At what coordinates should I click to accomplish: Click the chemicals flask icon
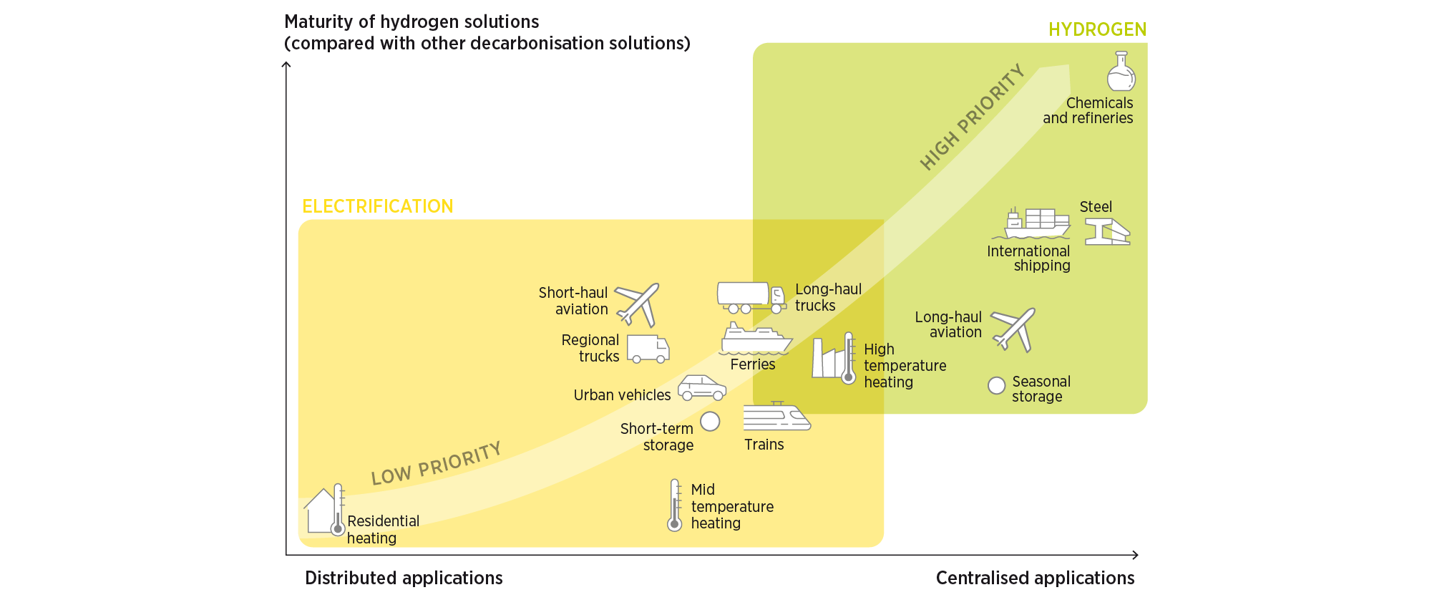pos(1121,71)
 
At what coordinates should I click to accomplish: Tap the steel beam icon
pos(1107,232)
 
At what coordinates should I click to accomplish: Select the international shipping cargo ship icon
pos(1037,223)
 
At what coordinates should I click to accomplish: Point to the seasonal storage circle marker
pos(996,386)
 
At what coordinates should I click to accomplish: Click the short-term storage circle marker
pos(710,421)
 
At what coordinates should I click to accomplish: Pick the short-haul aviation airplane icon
pos(638,304)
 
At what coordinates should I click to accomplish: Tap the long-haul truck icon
pos(751,296)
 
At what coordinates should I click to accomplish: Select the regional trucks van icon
pos(648,349)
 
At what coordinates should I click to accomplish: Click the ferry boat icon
pos(754,339)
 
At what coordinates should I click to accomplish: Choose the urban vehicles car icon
pos(702,388)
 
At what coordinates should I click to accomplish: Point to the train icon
pos(776,416)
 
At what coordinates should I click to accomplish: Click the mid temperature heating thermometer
pos(675,505)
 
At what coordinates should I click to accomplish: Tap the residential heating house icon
pos(321,511)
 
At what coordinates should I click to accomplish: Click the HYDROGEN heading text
pos(1097,29)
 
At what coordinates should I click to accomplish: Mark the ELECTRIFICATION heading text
pos(377,206)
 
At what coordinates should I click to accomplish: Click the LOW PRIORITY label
pos(436,464)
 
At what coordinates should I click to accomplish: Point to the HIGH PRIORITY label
pos(972,117)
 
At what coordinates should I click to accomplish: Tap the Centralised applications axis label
pos(1035,578)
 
